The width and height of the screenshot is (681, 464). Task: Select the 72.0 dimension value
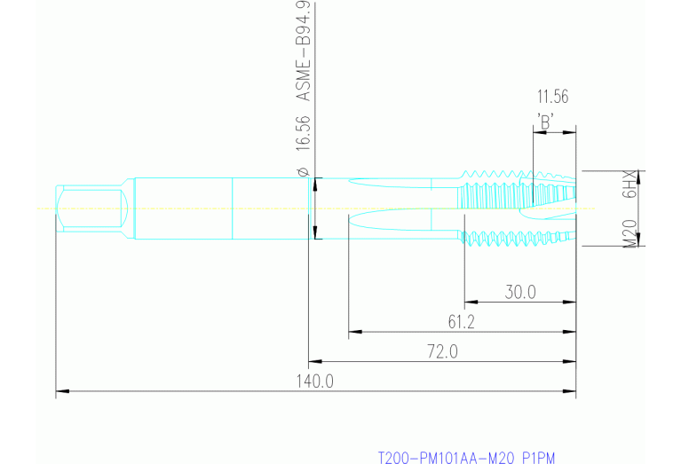[441, 352]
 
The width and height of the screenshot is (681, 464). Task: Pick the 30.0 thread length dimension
[520, 292]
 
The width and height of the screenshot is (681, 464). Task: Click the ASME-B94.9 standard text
[302, 52]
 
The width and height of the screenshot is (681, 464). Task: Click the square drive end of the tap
[89, 208]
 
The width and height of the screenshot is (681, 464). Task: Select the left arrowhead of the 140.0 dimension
[60, 391]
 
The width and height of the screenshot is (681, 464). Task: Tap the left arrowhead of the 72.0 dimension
[313, 362]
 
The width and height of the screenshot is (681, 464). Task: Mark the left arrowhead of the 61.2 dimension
[353, 333]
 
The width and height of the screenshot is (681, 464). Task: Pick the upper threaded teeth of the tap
[506, 177]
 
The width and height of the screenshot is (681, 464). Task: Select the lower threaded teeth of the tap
[506, 238]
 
